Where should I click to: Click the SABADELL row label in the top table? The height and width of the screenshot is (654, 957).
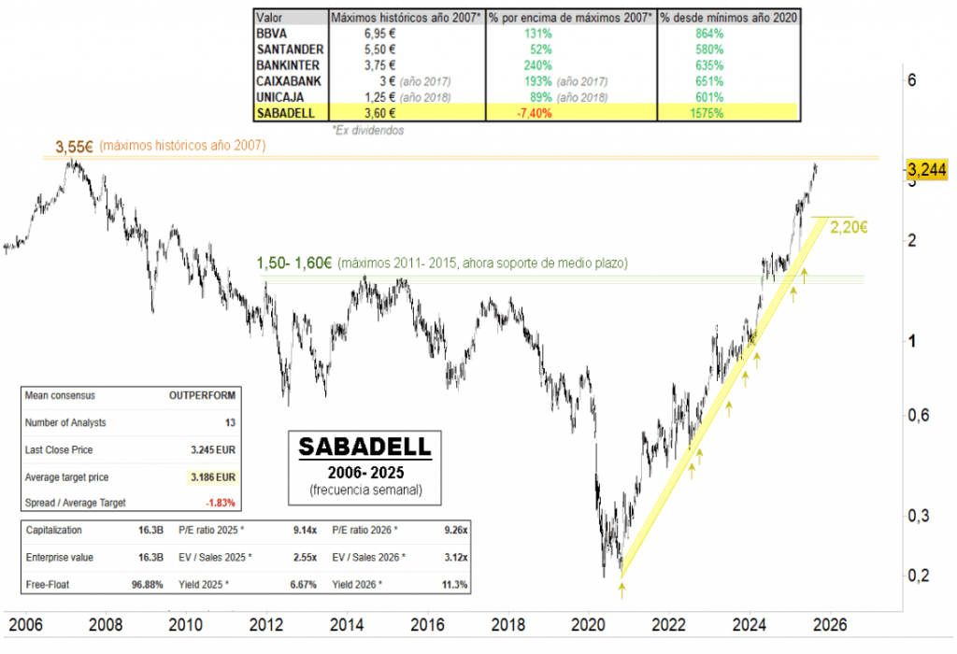(x=286, y=113)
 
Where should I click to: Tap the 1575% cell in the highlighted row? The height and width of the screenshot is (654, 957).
(x=705, y=113)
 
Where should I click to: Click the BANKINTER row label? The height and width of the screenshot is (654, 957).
(x=290, y=64)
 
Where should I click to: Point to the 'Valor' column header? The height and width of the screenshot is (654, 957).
(x=270, y=18)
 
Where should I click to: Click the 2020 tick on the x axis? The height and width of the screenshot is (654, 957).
(x=589, y=624)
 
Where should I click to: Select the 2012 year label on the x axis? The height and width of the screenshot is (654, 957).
(x=266, y=624)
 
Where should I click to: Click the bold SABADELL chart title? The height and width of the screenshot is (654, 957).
(x=359, y=447)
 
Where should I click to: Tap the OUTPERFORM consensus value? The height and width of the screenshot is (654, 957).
(x=205, y=396)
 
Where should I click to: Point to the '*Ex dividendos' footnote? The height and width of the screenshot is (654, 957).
(x=368, y=131)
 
